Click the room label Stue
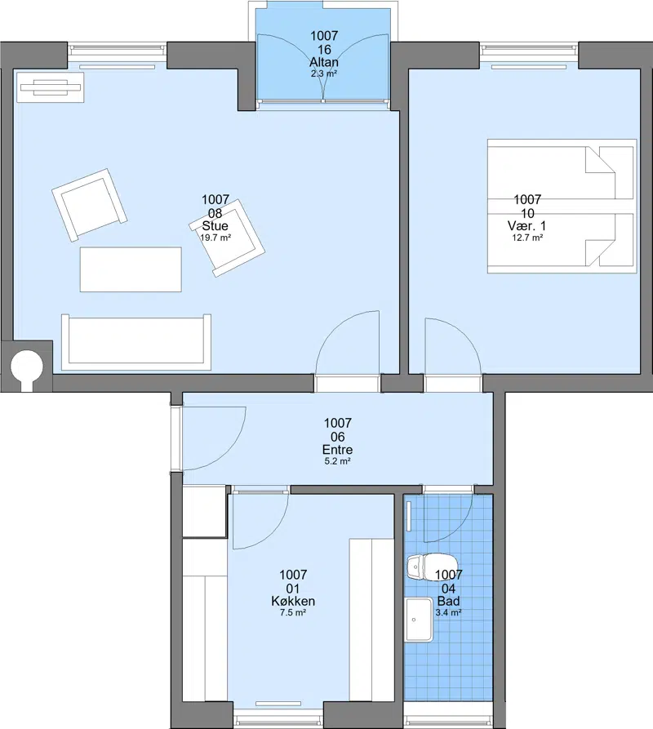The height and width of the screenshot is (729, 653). [215, 226]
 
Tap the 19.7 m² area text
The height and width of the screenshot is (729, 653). [215, 238]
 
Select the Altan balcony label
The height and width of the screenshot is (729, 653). [324, 62]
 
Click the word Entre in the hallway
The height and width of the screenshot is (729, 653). [337, 450]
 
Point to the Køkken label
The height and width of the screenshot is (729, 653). [293, 601]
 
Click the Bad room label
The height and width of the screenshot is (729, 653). [448, 601]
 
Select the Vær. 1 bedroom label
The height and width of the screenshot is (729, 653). [527, 226]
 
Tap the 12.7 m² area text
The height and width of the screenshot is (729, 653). [527, 238]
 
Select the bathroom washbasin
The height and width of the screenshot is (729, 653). [420, 620]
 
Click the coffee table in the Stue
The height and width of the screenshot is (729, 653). [131, 269]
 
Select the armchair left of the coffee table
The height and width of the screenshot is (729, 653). [89, 205]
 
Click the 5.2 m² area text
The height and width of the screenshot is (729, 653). [337, 462]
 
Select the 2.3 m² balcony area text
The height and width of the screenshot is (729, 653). [324, 73]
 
